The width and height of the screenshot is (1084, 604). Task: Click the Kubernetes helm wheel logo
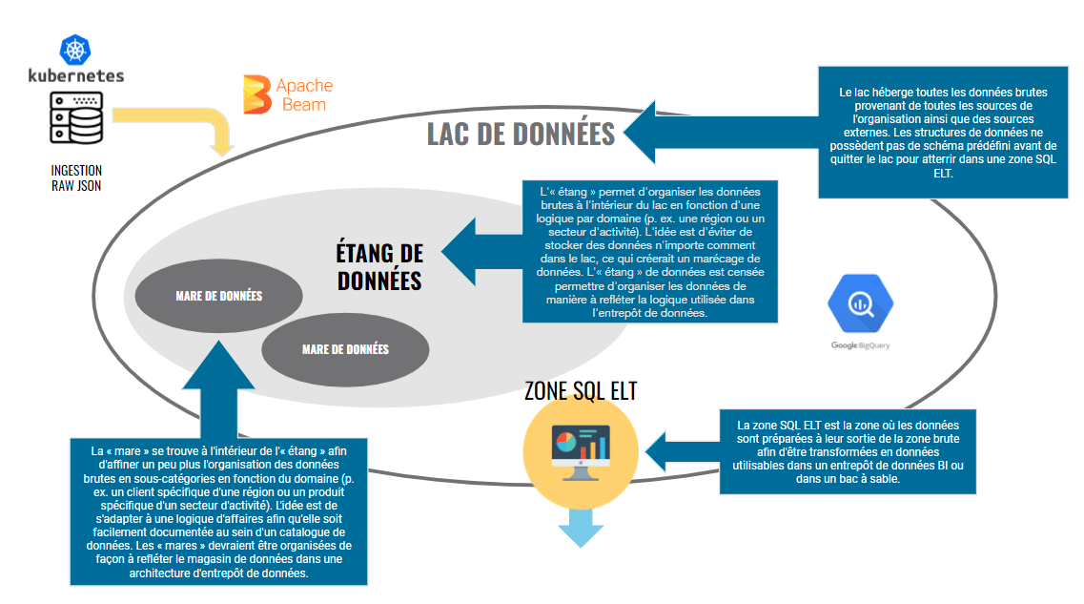[75, 50]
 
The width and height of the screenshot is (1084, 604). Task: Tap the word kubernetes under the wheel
[75, 75]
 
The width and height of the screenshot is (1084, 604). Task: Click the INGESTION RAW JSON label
[76, 177]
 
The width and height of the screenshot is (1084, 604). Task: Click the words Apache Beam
[304, 94]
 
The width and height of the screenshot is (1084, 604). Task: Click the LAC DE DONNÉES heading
[521, 135]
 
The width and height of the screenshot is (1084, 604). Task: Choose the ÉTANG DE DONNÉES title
[378, 267]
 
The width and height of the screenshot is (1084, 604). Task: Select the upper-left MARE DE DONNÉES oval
[218, 296]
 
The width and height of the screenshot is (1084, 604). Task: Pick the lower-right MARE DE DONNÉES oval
[345, 349]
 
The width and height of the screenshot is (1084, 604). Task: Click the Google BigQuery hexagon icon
[859, 302]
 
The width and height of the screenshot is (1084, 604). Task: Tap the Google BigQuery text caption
[859, 345]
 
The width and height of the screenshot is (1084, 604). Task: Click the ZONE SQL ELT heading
[580, 391]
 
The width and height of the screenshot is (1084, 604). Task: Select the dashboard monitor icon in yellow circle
[580, 449]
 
